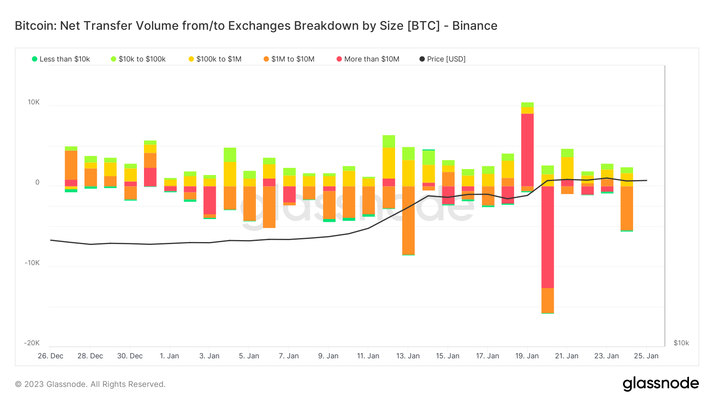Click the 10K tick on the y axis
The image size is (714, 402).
[x=34, y=102]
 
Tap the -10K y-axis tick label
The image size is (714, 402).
[x=32, y=263]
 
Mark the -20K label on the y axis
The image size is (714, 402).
[x=32, y=343]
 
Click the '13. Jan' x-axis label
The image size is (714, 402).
[x=408, y=356]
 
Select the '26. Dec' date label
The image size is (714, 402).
[x=50, y=356]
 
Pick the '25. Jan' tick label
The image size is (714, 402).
[x=646, y=356]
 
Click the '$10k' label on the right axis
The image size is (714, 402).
[x=681, y=343]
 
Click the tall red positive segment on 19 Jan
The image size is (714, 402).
[x=527, y=150]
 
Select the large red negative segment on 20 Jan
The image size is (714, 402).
[x=547, y=237]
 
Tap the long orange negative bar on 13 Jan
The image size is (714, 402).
[x=408, y=220]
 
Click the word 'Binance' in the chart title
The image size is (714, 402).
[x=474, y=26]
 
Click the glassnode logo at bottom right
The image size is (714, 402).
[x=660, y=384]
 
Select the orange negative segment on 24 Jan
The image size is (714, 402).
[x=627, y=208]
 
